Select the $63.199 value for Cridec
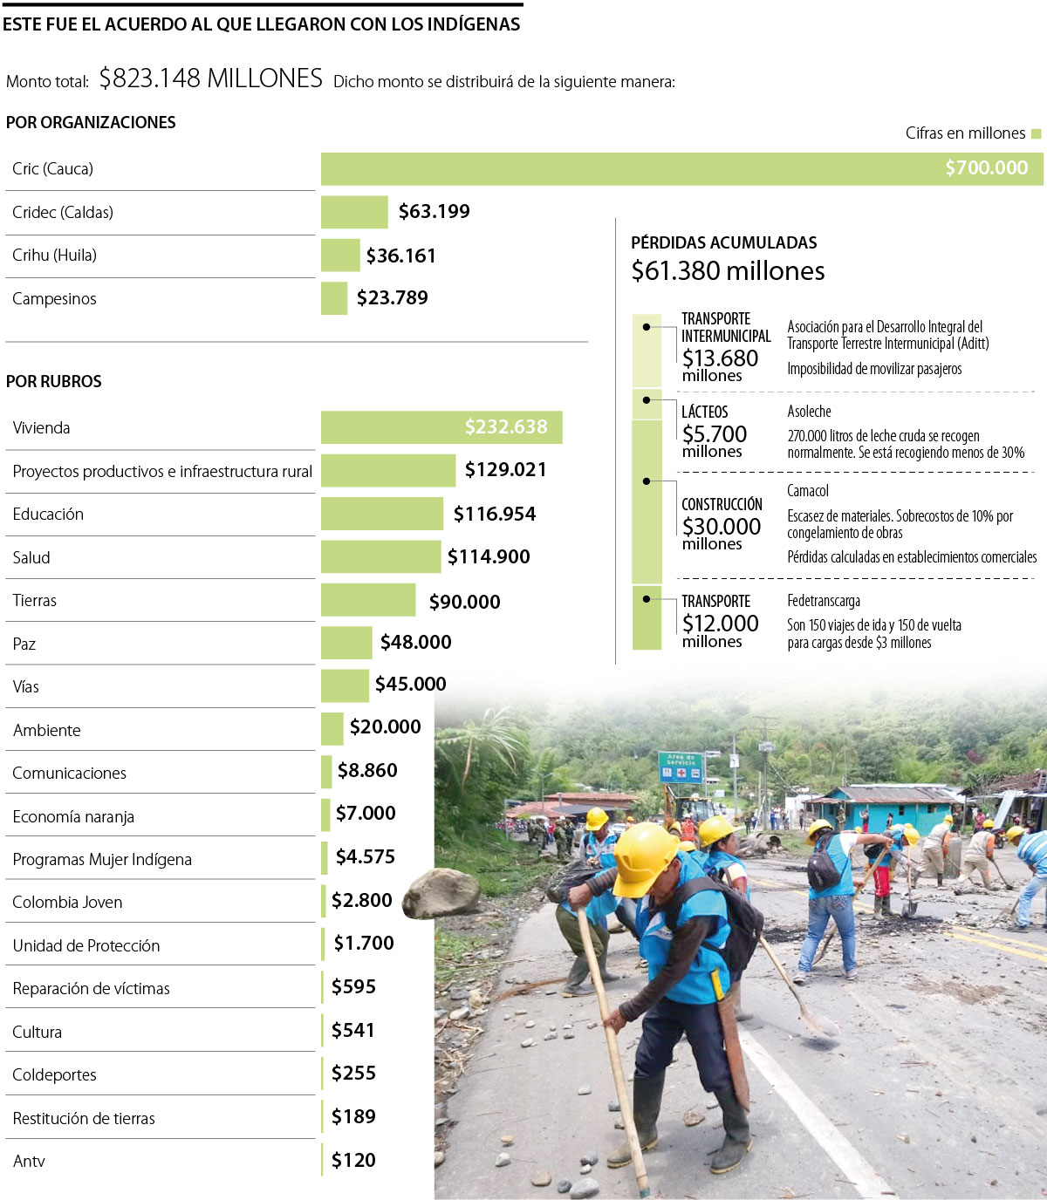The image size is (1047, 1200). pyautogui.click(x=434, y=212)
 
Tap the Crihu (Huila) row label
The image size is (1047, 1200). pyautogui.click(x=54, y=256)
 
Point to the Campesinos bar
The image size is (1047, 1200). pyautogui.click(x=334, y=298)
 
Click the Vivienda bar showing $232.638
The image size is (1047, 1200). pyautogui.click(x=441, y=427)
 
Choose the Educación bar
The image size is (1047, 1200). pyautogui.click(x=381, y=514)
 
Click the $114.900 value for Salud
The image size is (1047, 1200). pyautogui.click(x=488, y=557)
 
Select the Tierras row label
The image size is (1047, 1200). pyautogui.click(x=35, y=601)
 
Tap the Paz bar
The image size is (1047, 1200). pyautogui.click(x=346, y=643)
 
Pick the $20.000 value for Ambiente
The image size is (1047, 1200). pyautogui.click(x=385, y=727)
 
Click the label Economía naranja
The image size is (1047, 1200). pyautogui.click(x=73, y=817)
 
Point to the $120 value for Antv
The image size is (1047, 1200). pyautogui.click(x=353, y=1161)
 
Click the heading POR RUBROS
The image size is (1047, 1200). pyautogui.click(x=54, y=382)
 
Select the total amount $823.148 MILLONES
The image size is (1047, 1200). pyautogui.click(x=210, y=78)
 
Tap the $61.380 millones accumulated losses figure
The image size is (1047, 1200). pyautogui.click(x=728, y=271)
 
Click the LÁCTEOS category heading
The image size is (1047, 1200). pyautogui.click(x=704, y=412)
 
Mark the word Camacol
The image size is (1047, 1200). pyautogui.click(x=808, y=491)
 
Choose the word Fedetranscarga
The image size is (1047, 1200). pyautogui.click(x=824, y=601)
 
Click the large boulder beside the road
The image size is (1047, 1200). pyautogui.click(x=441, y=893)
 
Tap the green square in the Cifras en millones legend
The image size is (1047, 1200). pyautogui.click(x=1036, y=133)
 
